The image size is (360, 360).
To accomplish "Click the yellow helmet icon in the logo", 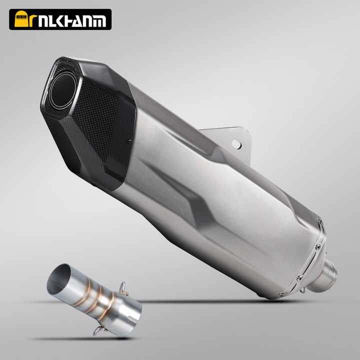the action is pyautogui.click(x=21, y=19).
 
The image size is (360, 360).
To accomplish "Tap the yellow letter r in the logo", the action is pyautogui.click(x=33, y=20).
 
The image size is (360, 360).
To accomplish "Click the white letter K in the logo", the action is pyautogui.click(x=61, y=21).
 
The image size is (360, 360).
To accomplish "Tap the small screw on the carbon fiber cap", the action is pyautogui.click(x=129, y=141).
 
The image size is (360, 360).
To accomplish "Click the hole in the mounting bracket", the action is pyautogui.click(x=236, y=144).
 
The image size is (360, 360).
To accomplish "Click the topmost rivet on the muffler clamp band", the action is pyautogui.click(x=320, y=222).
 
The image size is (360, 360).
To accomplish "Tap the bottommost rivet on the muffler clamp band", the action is pyautogui.click(x=281, y=294).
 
